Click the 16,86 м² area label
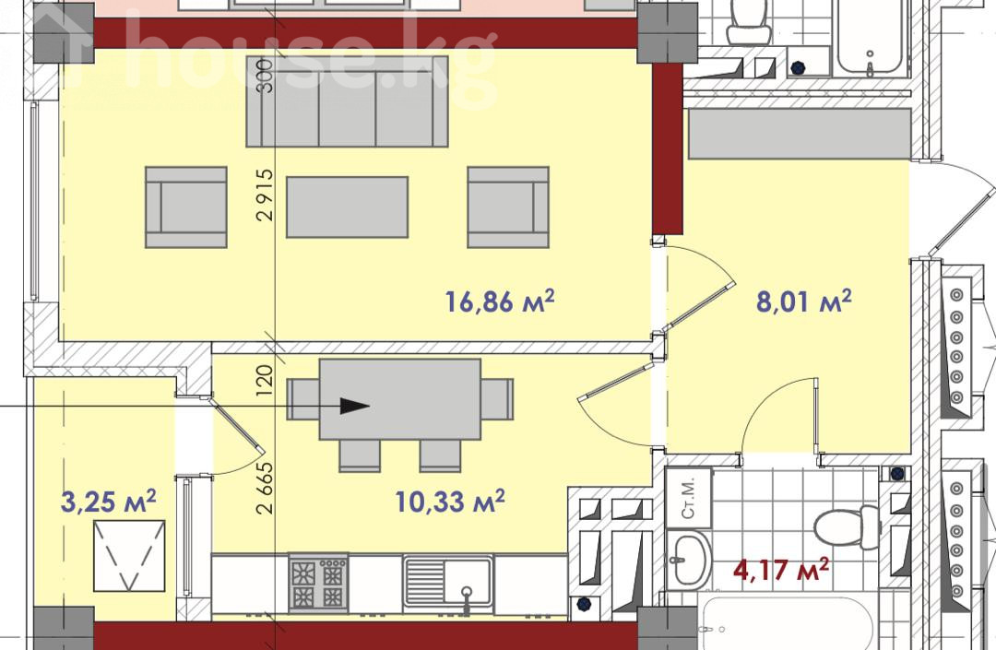[500, 301]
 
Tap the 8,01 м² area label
[803, 301]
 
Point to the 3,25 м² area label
[108, 501]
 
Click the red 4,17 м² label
[781, 570]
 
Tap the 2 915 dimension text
[266, 194]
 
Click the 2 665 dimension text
[266, 487]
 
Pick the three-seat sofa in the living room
[347, 100]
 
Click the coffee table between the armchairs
[347, 207]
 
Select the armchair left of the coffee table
[186, 207]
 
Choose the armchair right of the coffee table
[508, 207]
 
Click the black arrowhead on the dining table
[354, 407]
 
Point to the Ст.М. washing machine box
[689, 498]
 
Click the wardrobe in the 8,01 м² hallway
[800, 134]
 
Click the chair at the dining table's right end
[497, 398]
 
